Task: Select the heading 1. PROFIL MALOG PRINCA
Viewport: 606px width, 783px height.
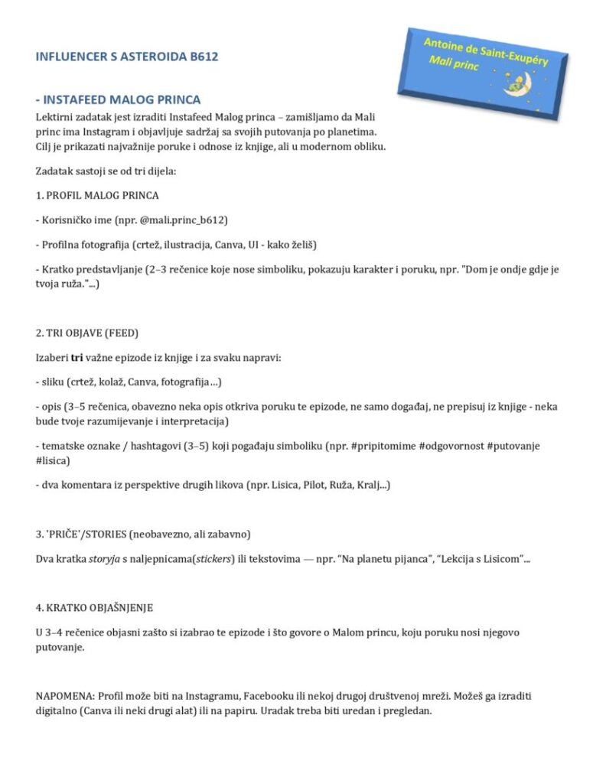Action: [97, 195]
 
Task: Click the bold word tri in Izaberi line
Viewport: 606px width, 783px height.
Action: [77, 357]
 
